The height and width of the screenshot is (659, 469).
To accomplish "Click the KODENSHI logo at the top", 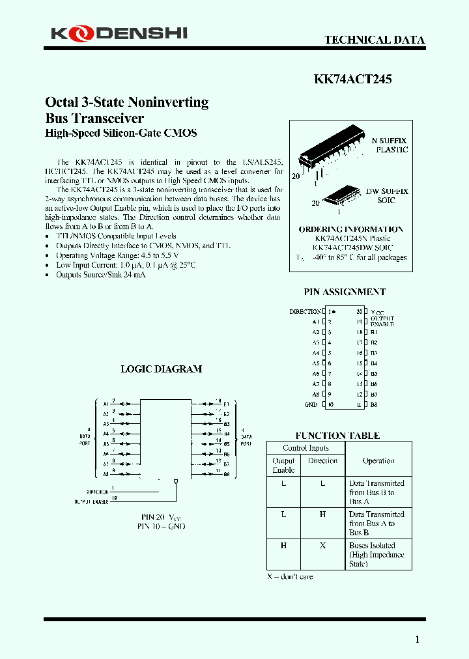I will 119,33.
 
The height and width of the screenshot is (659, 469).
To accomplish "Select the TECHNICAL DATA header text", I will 375,40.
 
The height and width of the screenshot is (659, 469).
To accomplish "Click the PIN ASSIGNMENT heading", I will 345,292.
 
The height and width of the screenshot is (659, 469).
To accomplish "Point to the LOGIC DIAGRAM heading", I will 161,369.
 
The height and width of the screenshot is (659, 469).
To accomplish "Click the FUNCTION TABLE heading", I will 337,435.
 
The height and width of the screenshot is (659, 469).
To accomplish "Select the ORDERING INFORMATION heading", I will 350,229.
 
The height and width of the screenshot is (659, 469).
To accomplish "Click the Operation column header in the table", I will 378,460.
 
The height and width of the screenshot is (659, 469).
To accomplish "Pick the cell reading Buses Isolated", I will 377,554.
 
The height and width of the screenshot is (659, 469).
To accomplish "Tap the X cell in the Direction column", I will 322,546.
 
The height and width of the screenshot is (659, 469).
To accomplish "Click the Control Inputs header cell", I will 306,448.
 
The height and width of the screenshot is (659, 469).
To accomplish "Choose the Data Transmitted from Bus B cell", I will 377,492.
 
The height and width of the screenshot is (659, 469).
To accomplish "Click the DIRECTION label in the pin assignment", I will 305,311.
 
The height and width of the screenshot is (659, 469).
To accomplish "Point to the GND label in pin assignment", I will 311,404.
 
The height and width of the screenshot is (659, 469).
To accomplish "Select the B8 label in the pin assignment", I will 374,404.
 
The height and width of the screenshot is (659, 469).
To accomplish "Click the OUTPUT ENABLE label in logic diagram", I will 91,501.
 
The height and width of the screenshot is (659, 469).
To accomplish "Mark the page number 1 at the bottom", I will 417,639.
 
